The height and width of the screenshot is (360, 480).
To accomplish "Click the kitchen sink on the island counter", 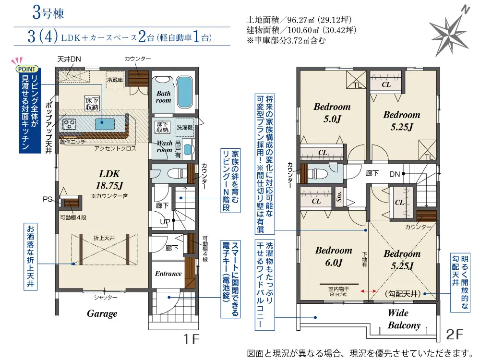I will pos(105,124).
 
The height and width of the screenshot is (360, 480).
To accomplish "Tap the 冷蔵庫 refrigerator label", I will pos(115,80).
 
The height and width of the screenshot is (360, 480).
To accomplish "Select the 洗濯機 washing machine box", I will pos(185,128).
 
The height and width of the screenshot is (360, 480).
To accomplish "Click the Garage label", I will pos(102,313).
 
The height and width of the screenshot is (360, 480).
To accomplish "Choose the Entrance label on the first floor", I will pos(168,274).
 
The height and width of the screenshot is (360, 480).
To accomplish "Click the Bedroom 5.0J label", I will pos(332,112).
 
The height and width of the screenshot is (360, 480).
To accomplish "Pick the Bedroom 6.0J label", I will pos(334,256).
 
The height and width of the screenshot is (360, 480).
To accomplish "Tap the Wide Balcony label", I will pos(404,319).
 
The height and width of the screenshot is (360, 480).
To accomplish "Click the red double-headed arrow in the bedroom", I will pos(369,291).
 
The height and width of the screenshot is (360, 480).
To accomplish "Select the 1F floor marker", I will pos(191,339).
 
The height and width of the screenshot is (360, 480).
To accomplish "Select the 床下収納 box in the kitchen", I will pos(92,104).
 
